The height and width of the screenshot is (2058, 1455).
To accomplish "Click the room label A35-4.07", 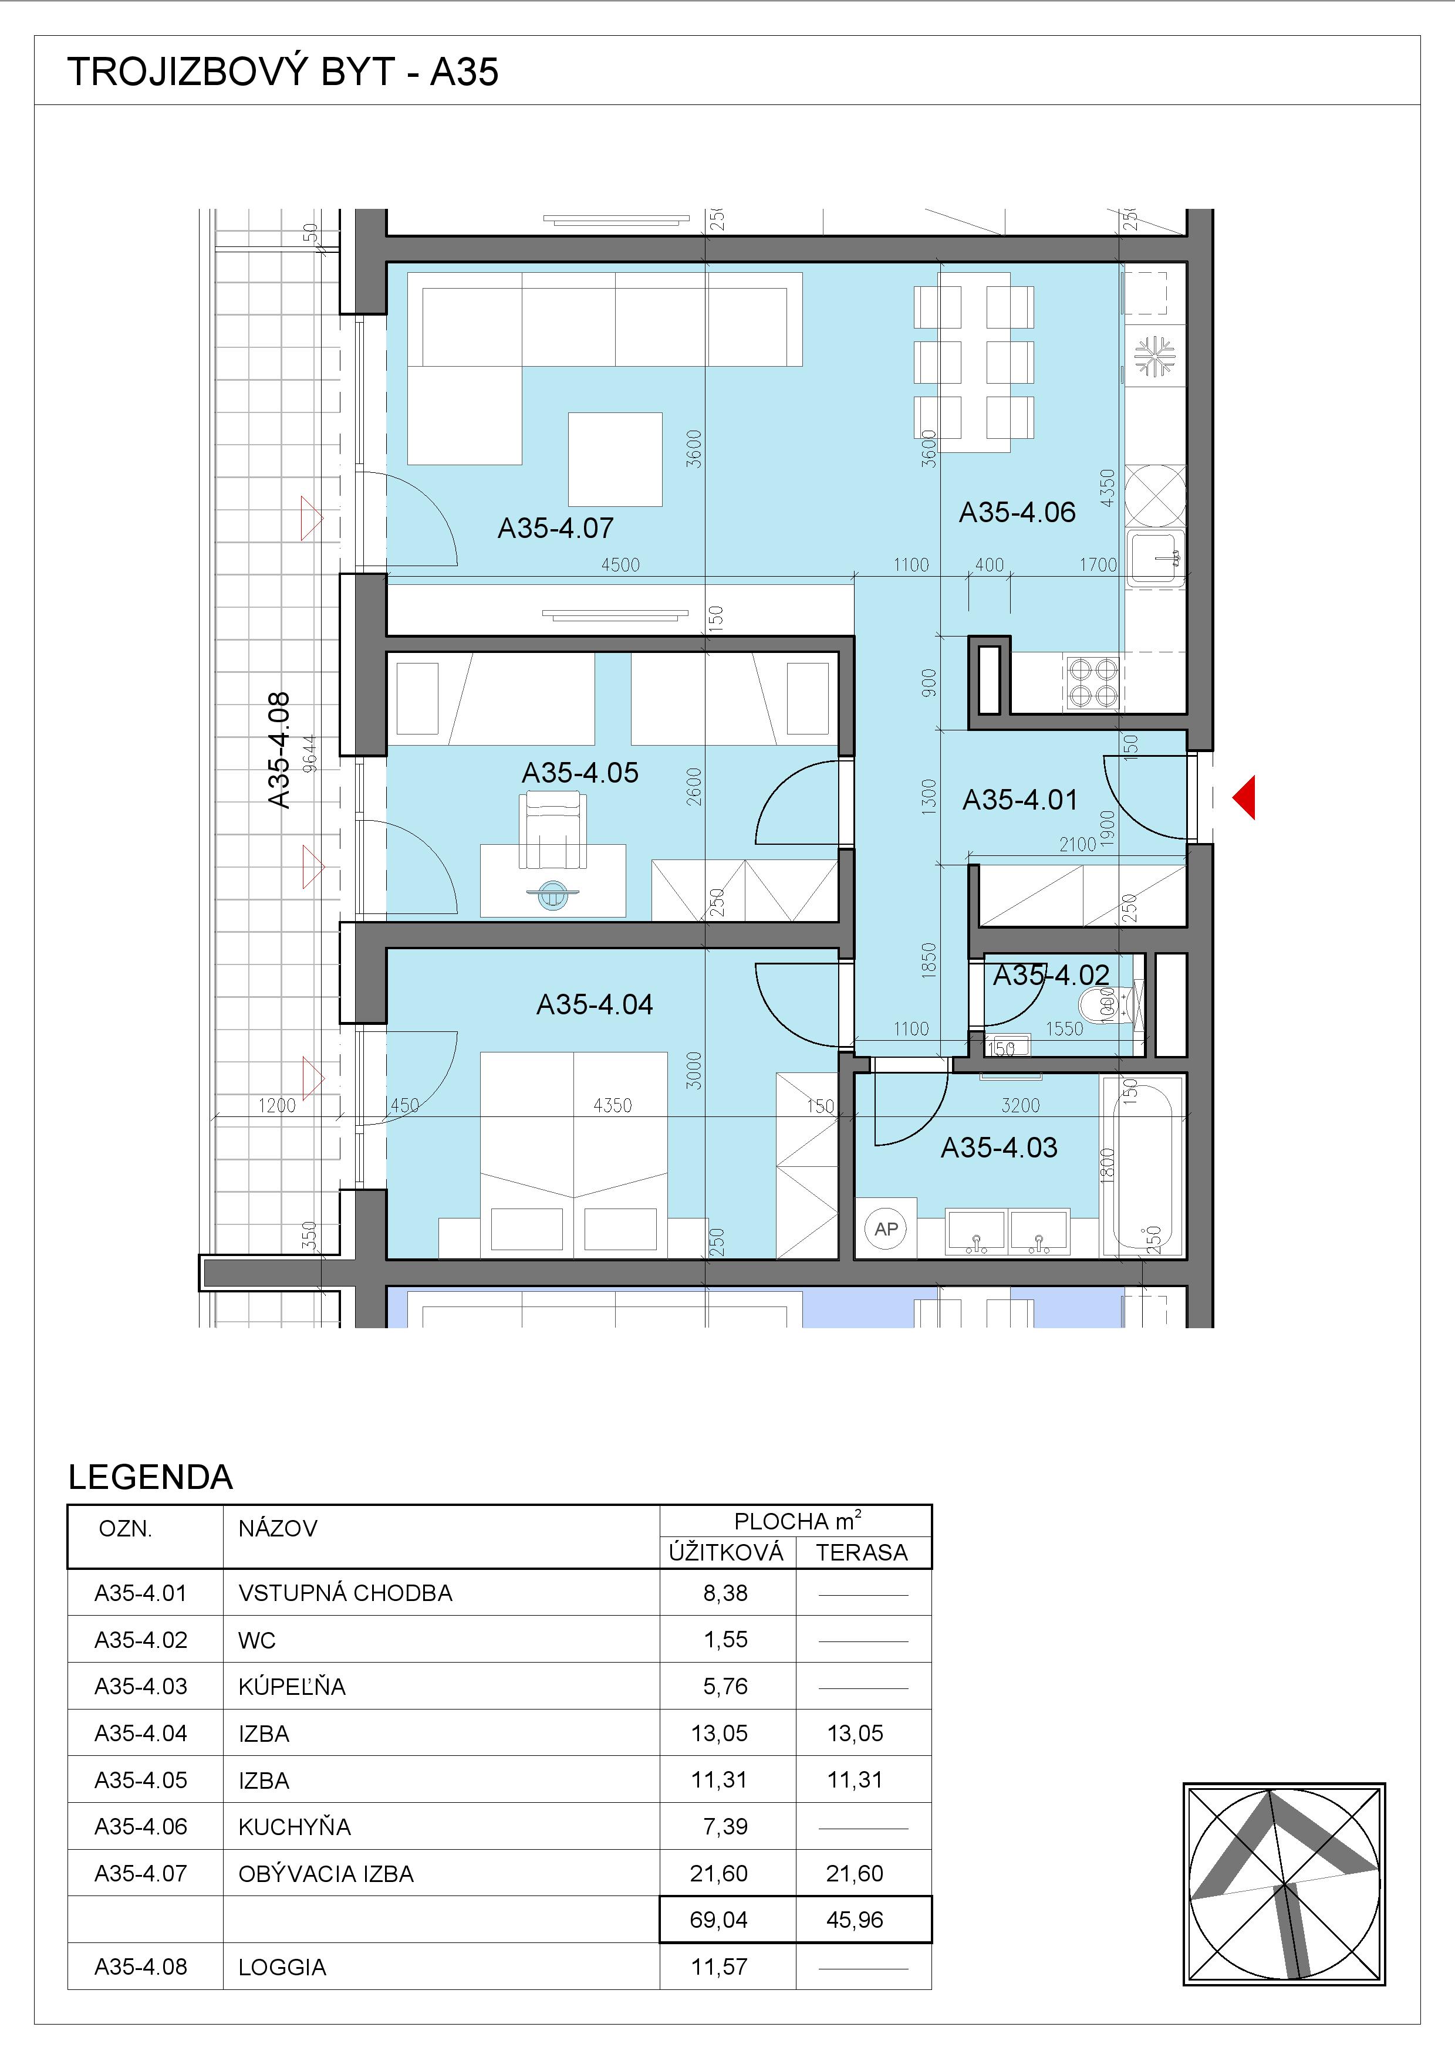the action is pyautogui.click(x=556, y=528).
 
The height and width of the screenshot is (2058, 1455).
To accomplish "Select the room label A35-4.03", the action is pyautogui.click(x=1000, y=1148).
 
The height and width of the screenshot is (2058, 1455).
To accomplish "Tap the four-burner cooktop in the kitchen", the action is pyautogui.click(x=1093, y=682).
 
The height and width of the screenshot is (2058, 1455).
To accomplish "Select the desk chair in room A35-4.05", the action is pyautogui.click(x=552, y=834).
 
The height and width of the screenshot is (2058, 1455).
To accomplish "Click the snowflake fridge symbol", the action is pyautogui.click(x=1154, y=356).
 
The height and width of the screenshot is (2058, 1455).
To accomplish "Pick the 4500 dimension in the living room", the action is pyautogui.click(x=620, y=565).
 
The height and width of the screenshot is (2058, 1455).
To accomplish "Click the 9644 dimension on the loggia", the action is pyautogui.click(x=309, y=753).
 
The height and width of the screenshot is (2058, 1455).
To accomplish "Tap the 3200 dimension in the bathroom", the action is pyautogui.click(x=1020, y=1105).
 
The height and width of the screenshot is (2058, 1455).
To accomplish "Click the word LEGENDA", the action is pyautogui.click(x=151, y=1477).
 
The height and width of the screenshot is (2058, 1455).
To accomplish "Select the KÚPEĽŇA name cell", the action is pyautogui.click(x=292, y=1686).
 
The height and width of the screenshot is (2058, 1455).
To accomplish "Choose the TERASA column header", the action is pyautogui.click(x=862, y=1552).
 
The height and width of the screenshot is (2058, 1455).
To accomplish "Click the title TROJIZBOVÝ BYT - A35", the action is pyautogui.click(x=283, y=72).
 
